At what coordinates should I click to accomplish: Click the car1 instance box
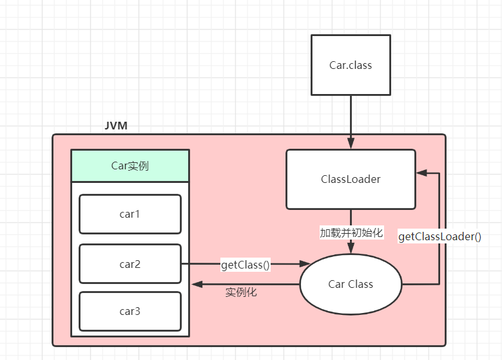(x=130, y=214)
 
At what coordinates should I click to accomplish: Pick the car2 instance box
(x=130, y=264)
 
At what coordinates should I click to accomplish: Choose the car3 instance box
(x=130, y=311)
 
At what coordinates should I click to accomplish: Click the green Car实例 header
(x=130, y=166)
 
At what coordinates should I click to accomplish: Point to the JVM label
(x=116, y=126)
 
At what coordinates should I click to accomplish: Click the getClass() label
(x=246, y=264)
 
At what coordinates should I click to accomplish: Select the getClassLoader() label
(x=439, y=236)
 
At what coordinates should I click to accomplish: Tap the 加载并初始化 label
(x=351, y=232)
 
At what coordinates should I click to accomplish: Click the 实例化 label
(x=241, y=292)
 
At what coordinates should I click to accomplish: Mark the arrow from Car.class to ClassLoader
(x=351, y=122)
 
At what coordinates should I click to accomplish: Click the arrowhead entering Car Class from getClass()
(x=305, y=264)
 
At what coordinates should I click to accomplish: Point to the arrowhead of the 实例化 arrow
(x=195, y=284)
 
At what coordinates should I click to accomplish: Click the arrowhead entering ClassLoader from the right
(x=421, y=173)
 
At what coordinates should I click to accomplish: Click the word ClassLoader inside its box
(x=351, y=179)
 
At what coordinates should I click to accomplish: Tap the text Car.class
(x=351, y=65)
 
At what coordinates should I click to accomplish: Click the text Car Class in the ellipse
(x=351, y=284)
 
